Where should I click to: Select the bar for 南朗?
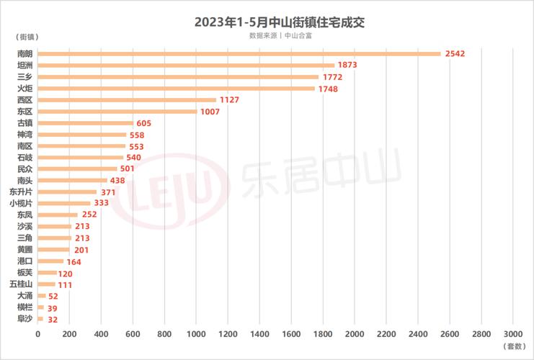click(x=239, y=53)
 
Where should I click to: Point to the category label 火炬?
click(x=25, y=89)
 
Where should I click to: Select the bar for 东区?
click(x=117, y=112)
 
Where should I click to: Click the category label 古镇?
click(x=25, y=123)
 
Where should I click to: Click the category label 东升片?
click(x=21, y=192)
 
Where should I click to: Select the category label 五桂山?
click(x=21, y=284)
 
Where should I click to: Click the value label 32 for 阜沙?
click(x=53, y=320)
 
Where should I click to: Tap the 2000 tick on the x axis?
click(x=354, y=334)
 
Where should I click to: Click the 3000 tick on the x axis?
click(x=512, y=334)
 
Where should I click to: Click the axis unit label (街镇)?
click(x=25, y=36)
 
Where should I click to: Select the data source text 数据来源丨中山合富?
click(x=279, y=35)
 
